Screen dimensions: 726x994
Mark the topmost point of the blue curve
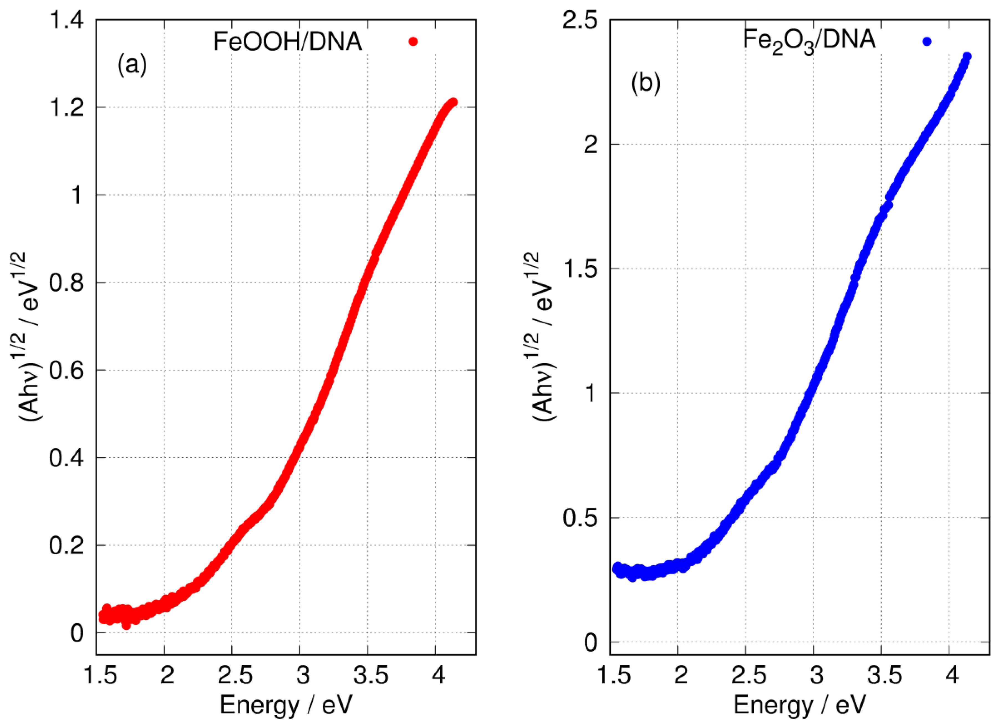click(967, 56)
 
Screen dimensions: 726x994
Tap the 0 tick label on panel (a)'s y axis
click(77, 633)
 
